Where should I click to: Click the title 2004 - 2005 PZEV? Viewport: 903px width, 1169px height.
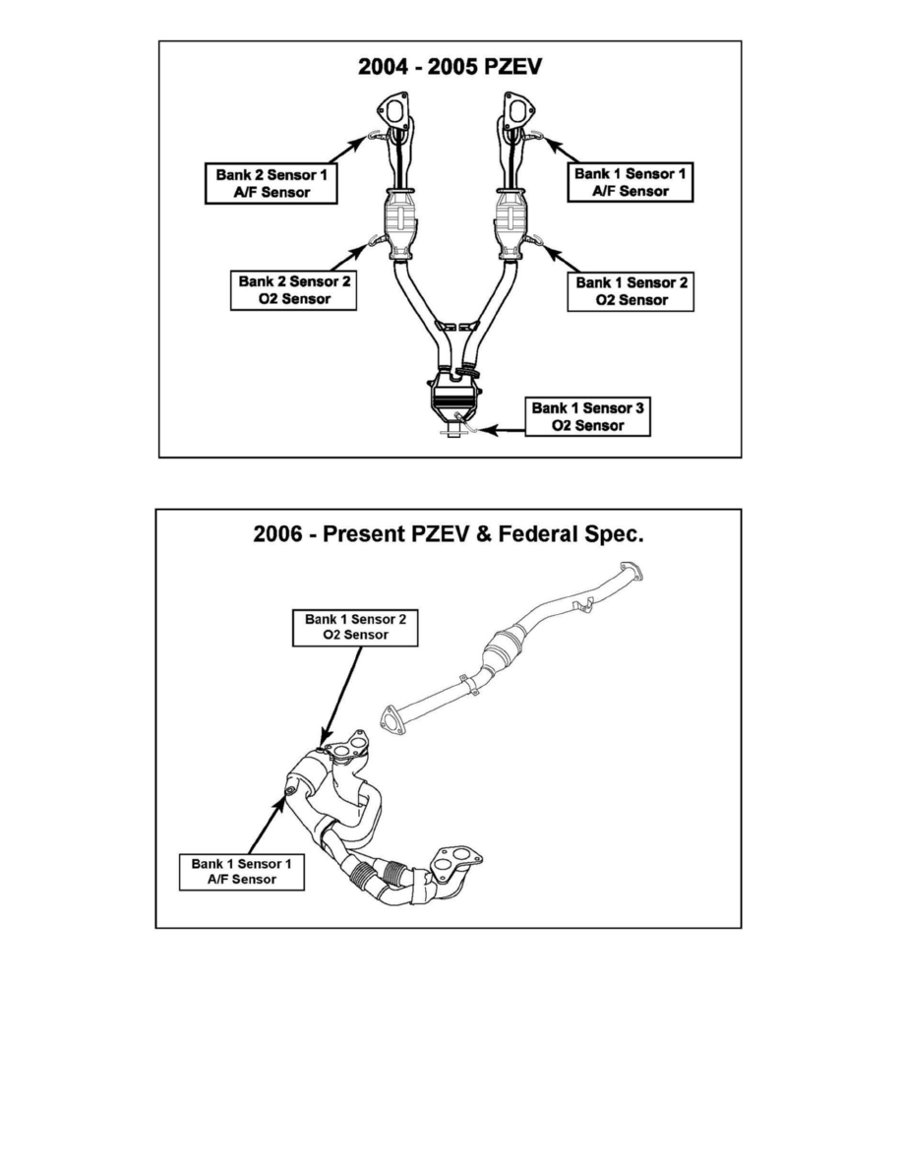pyautogui.click(x=451, y=68)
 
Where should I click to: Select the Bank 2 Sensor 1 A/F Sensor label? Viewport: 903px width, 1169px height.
pyautogui.click(x=271, y=183)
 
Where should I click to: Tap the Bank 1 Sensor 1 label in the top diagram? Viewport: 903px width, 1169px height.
pyautogui.click(x=630, y=182)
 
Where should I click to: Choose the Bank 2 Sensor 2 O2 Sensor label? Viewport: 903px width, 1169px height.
pyautogui.click(x=294, y=289)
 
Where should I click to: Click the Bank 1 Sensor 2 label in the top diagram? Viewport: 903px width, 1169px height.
pyautogui.click(x=632, y=290)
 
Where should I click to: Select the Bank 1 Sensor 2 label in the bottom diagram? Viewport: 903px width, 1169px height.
pyautogui.click(x=355, y=627)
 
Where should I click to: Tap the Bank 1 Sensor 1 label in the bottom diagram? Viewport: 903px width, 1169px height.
pyautogui.click(x=242, y=871)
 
